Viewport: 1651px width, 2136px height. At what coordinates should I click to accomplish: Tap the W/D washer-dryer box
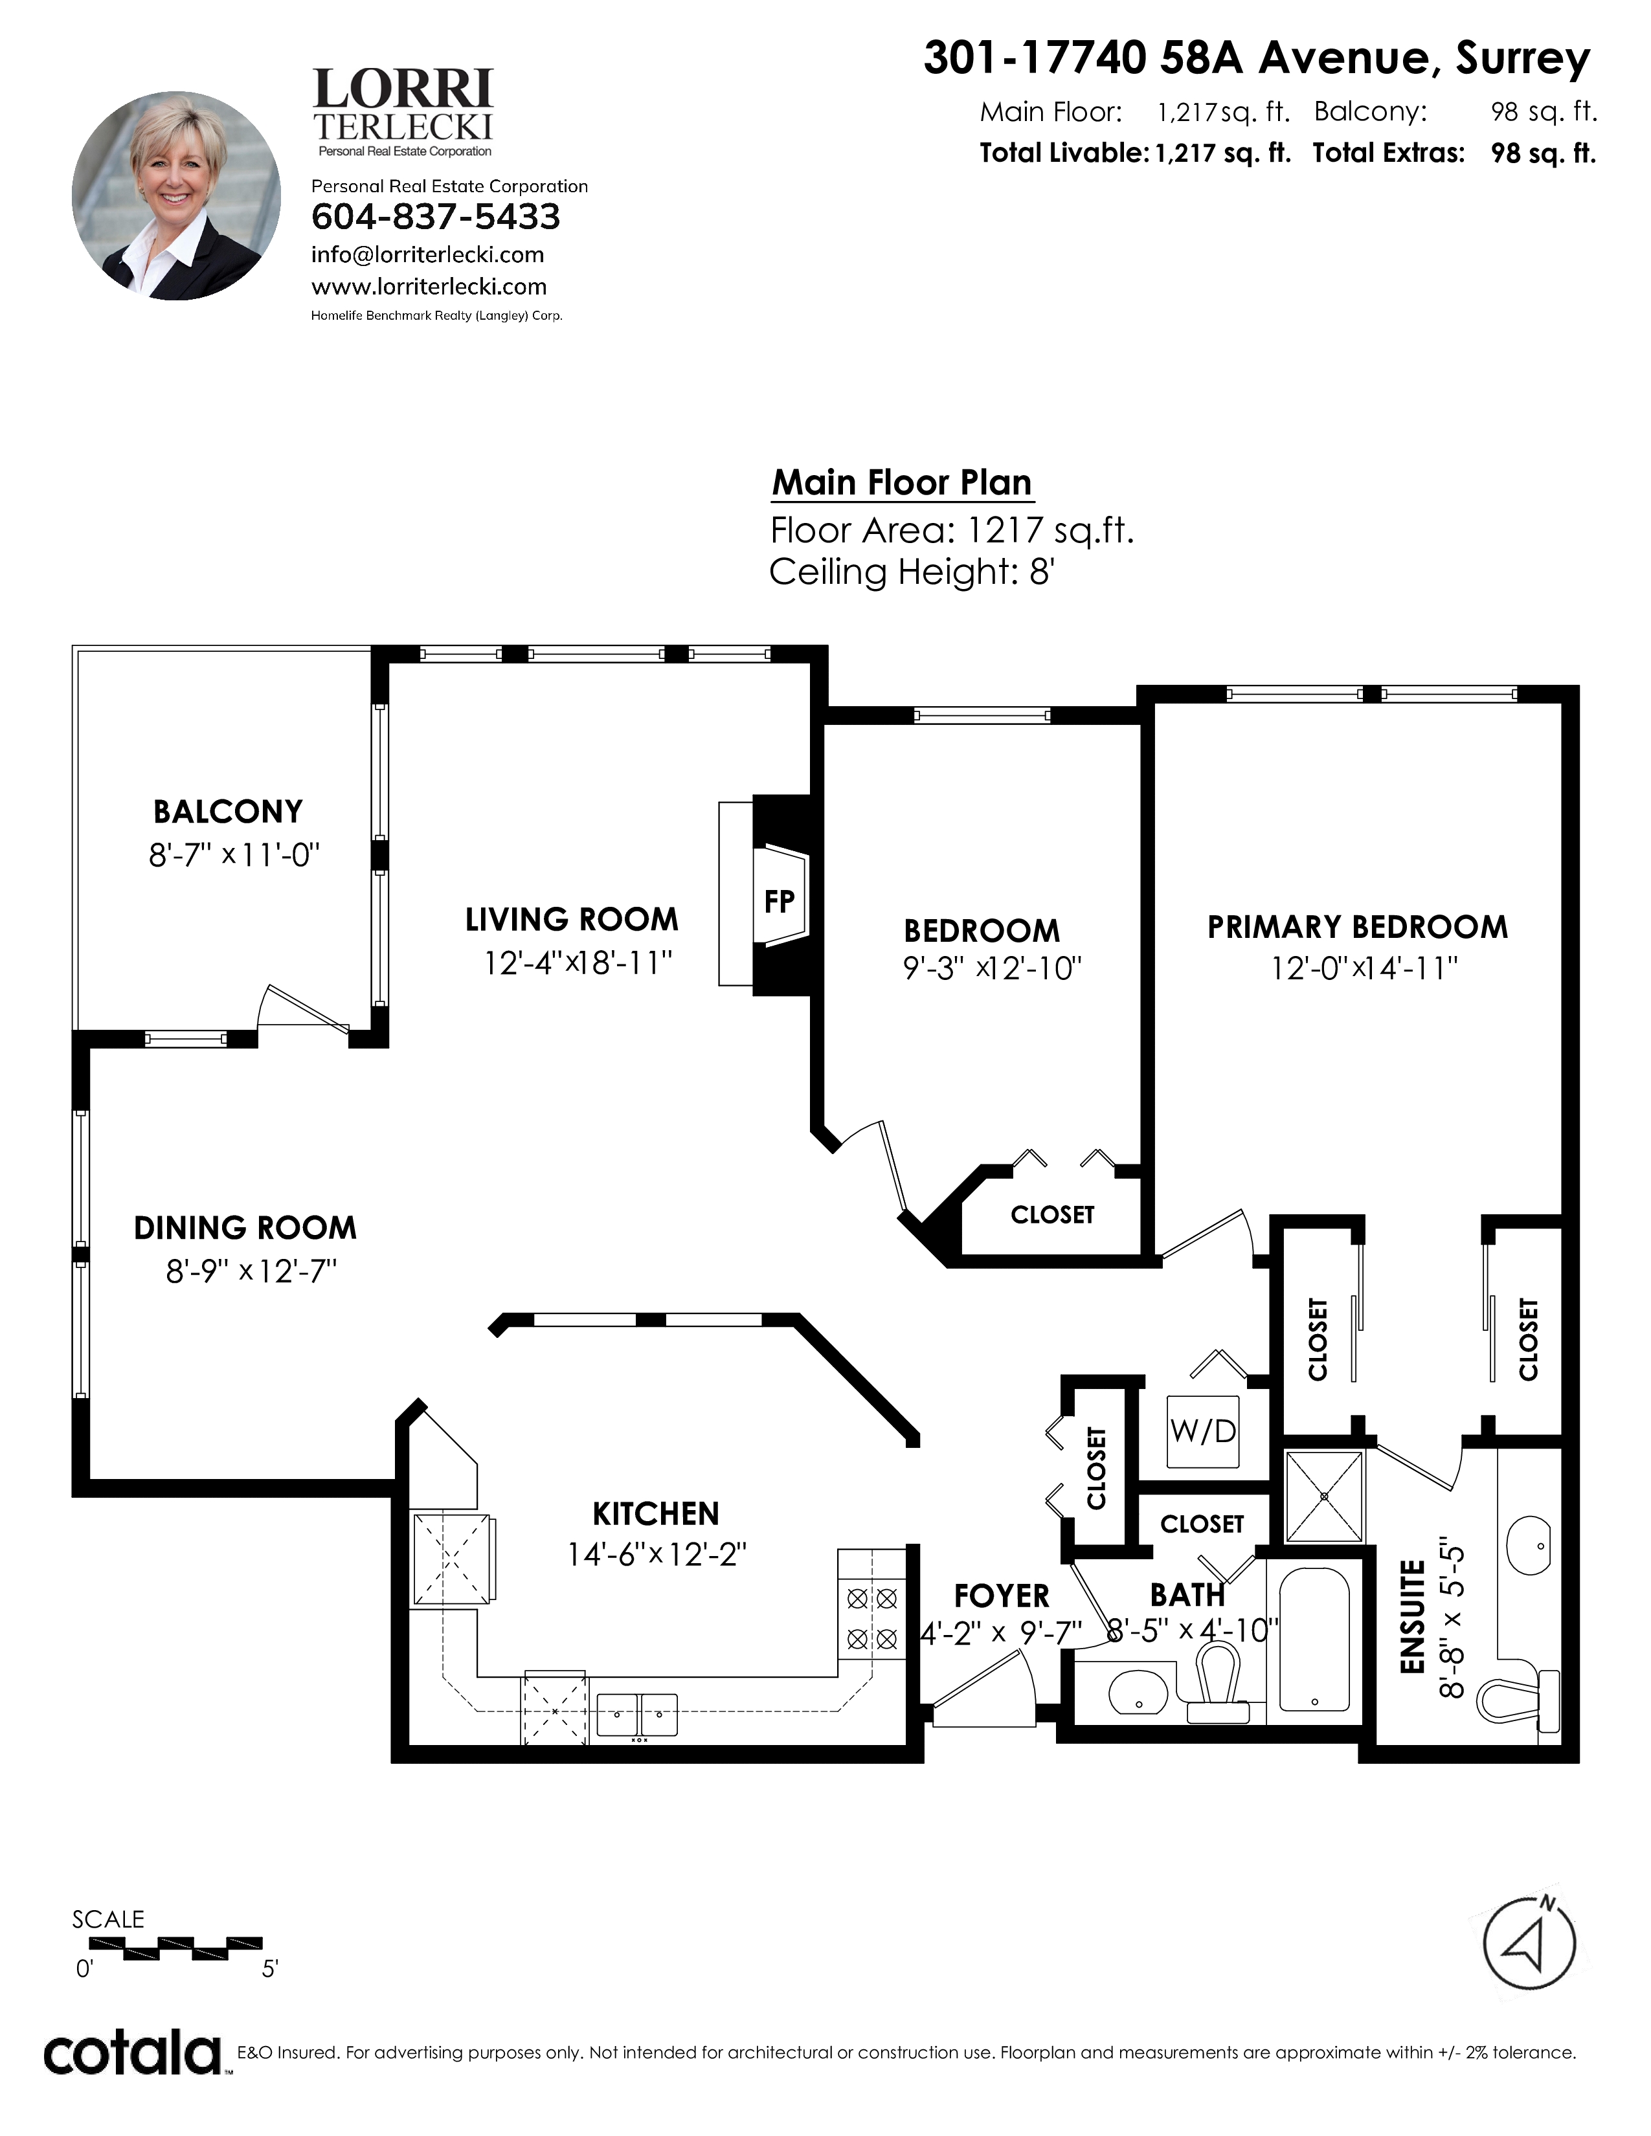[1203, 1431]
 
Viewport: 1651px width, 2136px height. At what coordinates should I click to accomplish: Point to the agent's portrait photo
[176, 195]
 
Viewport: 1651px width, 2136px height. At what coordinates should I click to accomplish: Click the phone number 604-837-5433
[435, 216]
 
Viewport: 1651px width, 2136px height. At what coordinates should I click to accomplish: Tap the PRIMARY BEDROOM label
[1358, 927]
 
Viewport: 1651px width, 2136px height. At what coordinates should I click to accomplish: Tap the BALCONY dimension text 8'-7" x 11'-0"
[235, 856]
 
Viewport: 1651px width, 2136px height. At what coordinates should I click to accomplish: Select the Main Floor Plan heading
[902, 482]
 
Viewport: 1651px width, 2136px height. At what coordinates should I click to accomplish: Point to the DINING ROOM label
[245, 1229]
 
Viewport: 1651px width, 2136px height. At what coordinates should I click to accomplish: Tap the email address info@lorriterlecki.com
[427, 255]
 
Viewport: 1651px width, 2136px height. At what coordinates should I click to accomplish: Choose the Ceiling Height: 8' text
[912, 572]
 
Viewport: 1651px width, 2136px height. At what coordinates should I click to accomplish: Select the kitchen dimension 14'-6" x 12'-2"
[657, 1554]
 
